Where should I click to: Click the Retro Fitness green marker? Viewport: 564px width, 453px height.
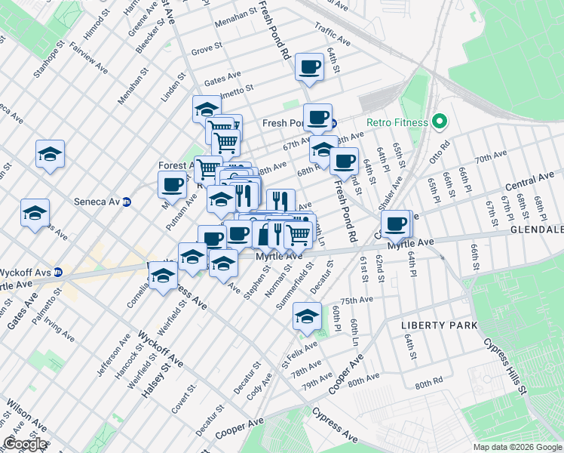[440, 122]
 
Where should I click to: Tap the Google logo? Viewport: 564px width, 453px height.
[25, 444]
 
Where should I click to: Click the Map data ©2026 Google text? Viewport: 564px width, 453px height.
[517, 447]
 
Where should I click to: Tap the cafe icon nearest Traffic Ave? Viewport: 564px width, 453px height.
[309, 67]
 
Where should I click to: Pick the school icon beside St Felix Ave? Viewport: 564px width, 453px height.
[307, 317]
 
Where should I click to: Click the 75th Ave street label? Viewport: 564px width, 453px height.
[357, 300]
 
